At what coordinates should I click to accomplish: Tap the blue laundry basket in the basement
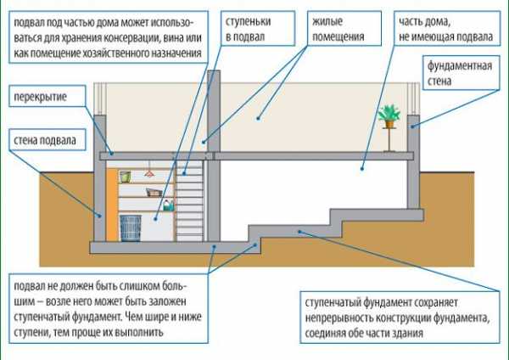coord(130,227)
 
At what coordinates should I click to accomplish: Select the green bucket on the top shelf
coord(125,176)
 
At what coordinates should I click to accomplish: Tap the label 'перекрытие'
coord(40,98)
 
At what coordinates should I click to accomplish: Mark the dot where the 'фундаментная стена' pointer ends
coord(412,128)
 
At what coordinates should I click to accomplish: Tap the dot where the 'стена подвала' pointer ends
coord(100,216)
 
